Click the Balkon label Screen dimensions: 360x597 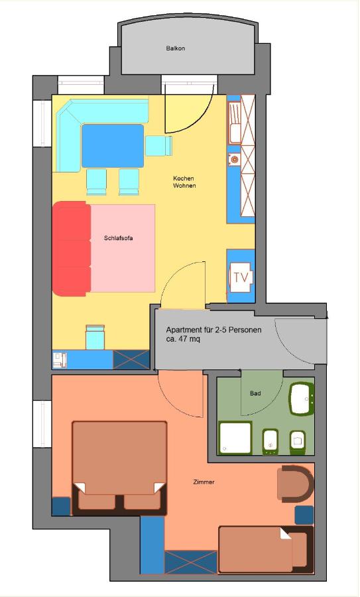point(176,48)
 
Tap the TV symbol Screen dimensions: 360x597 point(241,277)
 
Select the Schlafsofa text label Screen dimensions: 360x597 point(119,239)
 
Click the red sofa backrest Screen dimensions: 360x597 point(71,249)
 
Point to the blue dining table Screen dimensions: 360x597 point(113,146)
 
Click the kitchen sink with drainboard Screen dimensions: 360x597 point(236,122)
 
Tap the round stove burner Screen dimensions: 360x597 point(235,159)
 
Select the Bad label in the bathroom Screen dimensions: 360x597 point(255,393)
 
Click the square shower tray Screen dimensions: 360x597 point(235,438)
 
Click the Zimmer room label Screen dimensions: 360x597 point(204,482)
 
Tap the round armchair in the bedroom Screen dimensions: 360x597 point(295,484)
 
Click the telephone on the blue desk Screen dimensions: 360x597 point(60,360)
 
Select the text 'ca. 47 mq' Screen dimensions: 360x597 point(183,339)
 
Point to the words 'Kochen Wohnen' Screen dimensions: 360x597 point(184,182)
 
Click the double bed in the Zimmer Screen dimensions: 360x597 point(119,468)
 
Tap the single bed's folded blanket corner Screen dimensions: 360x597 point(286,533)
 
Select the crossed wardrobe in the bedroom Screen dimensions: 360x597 point(191,563)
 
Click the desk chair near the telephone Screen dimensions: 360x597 point(95,338)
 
